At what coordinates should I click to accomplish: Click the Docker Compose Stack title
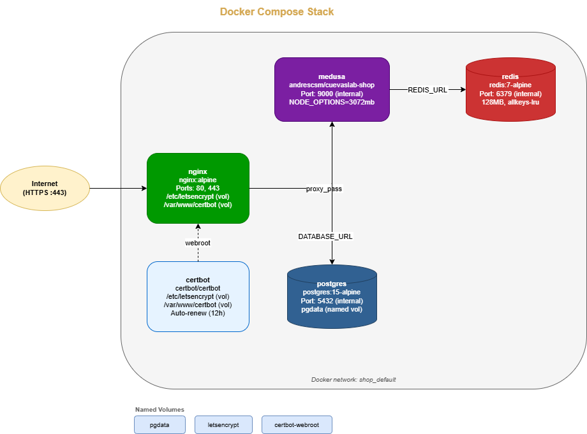(276, 11)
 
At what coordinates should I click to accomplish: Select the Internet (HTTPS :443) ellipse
(45, 188)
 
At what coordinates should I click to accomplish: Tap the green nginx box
(198, 188)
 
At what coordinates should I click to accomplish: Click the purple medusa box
(332, 89)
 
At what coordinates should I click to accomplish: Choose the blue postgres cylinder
(332, 296)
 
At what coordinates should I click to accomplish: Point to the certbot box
(198, 296)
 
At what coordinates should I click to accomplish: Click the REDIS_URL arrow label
(427, 90)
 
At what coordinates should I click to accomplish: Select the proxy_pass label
(323, 189)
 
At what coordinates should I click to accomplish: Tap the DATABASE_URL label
(325, 236)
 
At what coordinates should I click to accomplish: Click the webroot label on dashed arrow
(198, 243)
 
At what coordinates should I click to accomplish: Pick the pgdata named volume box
(160, 424)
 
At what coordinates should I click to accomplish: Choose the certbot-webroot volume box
(297, 424)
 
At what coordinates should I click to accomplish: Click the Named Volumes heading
(160, 409)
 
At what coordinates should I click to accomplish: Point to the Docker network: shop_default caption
(353, 379)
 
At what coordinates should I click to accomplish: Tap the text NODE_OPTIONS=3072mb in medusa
(332, 102)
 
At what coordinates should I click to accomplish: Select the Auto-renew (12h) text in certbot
(198, 313)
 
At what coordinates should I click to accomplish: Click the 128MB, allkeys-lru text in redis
(510, 102)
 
